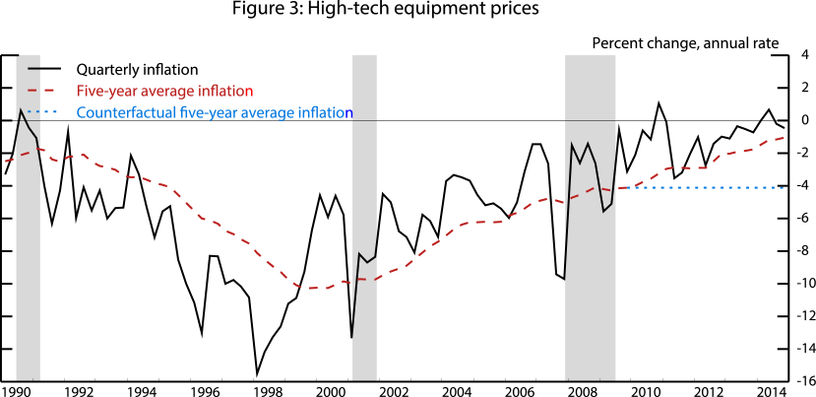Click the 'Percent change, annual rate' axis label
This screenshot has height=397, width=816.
click(x=685, y=43)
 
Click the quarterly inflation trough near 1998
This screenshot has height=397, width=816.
click(x=257, y=373)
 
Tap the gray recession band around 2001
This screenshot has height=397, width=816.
click(x=364, y=217)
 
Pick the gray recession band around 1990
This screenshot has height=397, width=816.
click(x=28, y=217)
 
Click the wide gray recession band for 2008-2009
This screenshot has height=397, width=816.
click(x=590, y=217)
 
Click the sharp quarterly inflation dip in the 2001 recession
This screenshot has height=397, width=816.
click(x=351, y=338)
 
